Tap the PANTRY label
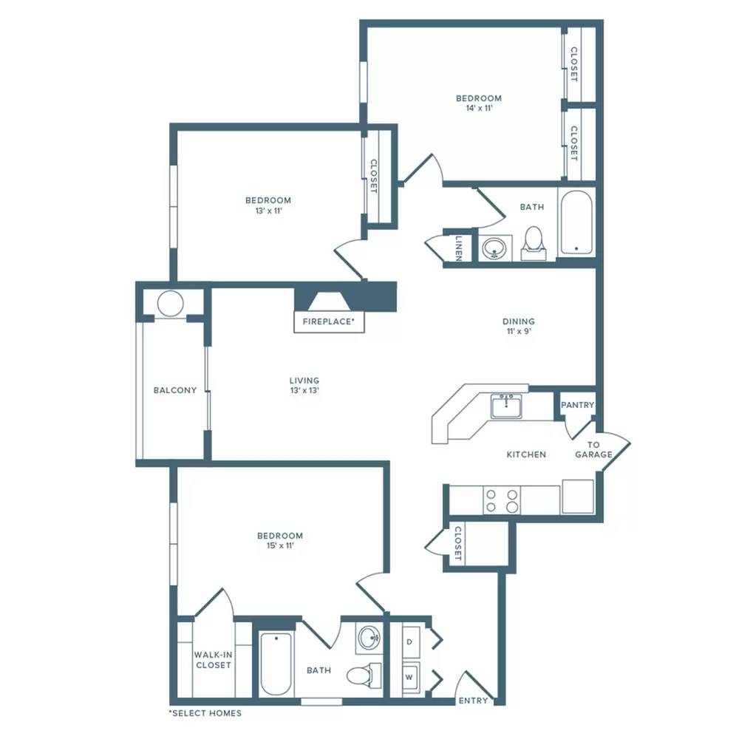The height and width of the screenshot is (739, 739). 577,405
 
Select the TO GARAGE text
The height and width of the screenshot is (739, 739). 593,449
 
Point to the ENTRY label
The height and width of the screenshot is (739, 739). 473,701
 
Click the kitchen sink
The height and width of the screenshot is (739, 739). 506,406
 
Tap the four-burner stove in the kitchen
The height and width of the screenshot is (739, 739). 502,500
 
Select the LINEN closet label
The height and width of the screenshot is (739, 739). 459,248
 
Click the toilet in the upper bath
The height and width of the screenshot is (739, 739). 534,244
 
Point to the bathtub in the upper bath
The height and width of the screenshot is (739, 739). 576,222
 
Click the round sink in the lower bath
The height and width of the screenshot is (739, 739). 370,638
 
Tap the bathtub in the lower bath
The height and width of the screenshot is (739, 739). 276,664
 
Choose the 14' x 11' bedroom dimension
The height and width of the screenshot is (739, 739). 479,108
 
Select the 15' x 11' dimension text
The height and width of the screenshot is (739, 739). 280,546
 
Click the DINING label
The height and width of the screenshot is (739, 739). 519,321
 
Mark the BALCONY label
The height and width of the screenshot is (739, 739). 175,390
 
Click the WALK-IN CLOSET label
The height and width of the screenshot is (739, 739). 213,660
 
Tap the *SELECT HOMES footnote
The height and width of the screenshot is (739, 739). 205,713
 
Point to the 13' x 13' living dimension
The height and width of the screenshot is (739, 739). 305,390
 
